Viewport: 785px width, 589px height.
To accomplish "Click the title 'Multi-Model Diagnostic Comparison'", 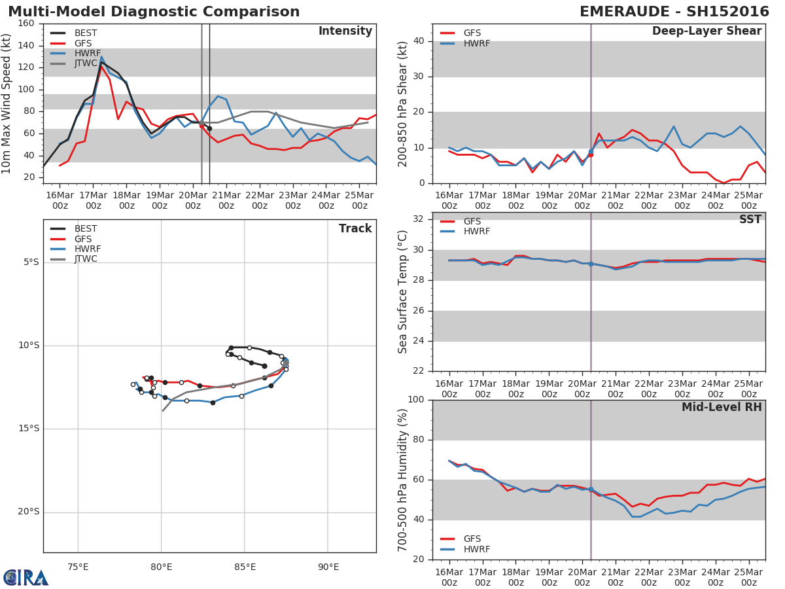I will point(154,12).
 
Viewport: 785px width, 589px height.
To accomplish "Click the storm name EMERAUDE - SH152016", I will point(674,12).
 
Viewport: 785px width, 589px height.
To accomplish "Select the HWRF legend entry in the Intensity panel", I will point(85,53).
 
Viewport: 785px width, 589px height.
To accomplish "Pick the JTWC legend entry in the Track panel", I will point(85,259).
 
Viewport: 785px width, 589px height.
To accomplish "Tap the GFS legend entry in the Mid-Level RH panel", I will point(472,539).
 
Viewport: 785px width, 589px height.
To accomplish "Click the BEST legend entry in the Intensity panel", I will point(85,33).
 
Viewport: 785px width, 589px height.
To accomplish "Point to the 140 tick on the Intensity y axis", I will point(27,45).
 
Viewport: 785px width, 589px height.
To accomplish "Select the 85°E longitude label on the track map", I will point(244,567).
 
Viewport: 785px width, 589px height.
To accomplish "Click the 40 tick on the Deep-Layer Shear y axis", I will point(420,41).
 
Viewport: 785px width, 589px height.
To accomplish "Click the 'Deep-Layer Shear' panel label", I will point(706,31).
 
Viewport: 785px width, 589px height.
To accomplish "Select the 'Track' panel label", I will point(355,228).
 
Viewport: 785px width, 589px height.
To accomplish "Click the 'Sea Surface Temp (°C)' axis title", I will point(403,292).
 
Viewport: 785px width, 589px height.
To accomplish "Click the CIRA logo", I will point(26,577).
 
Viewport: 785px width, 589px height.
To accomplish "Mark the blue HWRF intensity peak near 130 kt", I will point(101,57).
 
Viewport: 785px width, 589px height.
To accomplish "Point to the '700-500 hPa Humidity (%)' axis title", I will point(403,480).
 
